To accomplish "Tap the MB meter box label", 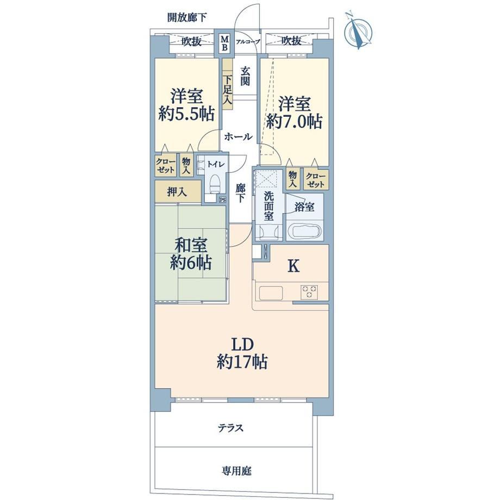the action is [225, 43].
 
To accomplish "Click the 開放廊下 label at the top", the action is [187, 17].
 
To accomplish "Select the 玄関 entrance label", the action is [245, 76].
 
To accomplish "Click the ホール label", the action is [239, 137].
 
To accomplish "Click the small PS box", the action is [222, 199].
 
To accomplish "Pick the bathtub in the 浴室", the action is [305, 230].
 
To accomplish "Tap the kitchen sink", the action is [271, 293].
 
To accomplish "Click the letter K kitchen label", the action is [293, 266].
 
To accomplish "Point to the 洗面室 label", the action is [269, 206].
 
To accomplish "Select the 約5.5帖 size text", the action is [186, 114].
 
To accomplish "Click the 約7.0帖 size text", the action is [295, 121].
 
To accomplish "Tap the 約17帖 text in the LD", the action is [242, 361].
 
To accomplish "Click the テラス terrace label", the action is [230, 428].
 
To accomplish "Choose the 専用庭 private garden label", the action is [236, 471].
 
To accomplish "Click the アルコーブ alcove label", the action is [248, 42].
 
